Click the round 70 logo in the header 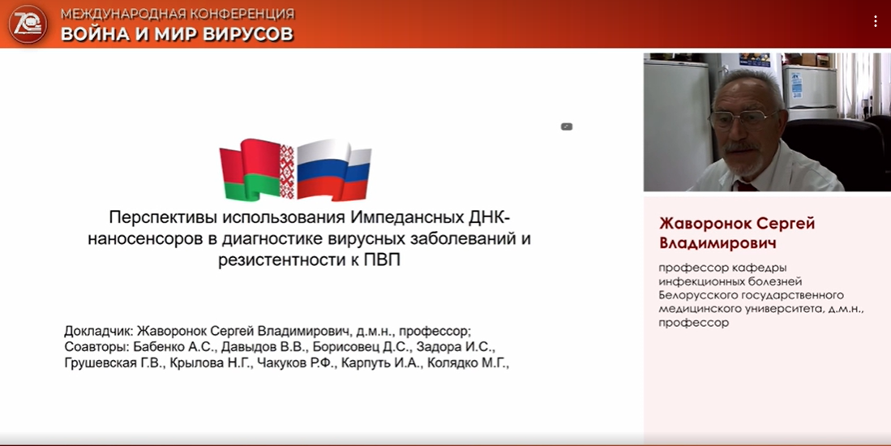(x=28, y=24)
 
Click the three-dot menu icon (x=875, y=21)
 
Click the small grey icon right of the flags (x=567, y=127)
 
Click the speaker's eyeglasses (x=741, y=118)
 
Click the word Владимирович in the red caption (x=718, y=243)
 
